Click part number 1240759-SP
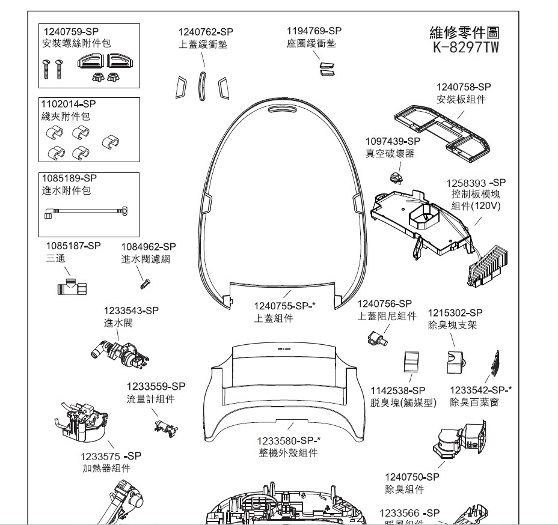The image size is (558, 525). (70, 31)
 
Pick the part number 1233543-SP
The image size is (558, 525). (131, 311)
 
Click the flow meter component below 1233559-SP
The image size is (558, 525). (164, 426)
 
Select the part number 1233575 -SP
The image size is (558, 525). (111, 456)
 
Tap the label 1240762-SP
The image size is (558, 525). (206, 32)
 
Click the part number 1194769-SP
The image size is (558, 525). (314, 31)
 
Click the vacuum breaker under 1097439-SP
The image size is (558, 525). (396, 178)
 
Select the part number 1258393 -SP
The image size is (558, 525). (476, 183)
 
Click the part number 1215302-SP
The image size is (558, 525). (455, 313)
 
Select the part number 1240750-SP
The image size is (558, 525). (412, 477)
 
